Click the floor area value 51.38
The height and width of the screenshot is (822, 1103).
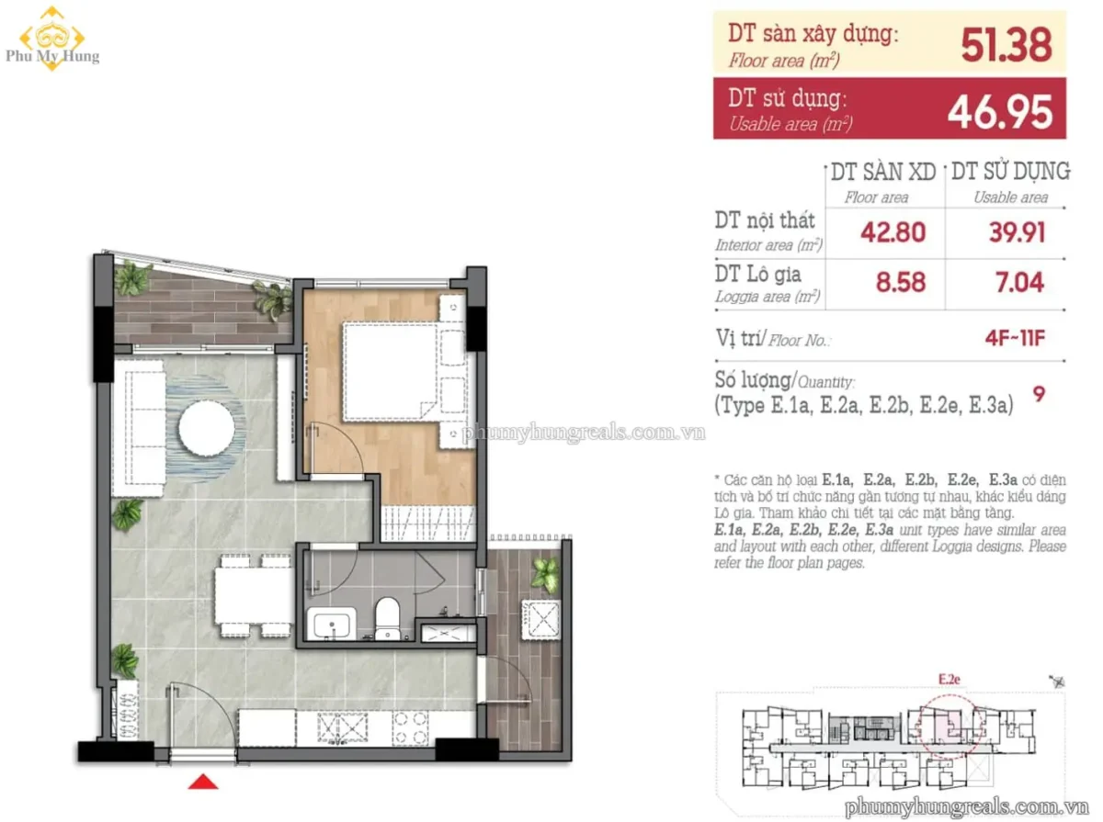[1006, 45]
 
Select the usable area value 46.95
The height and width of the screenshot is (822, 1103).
[999, 111]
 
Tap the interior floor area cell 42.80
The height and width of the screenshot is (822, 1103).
[893, 232]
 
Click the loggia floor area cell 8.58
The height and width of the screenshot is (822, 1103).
[901, 282]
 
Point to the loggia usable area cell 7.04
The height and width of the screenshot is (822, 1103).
[1019, 282]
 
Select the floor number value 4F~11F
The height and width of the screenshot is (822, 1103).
[1015, 338]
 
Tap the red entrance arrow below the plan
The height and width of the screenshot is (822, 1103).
[203, 782]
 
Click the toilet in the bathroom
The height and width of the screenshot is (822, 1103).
[388, 618]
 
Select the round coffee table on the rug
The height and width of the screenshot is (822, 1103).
[207, 428]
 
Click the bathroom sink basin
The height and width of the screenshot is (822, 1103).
[332, 625]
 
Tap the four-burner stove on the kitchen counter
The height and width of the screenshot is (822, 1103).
[410, 727]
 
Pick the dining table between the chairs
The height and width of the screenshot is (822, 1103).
[254, 595]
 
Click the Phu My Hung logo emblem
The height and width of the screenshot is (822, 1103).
[52, 39]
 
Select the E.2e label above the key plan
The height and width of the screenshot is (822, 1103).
[949, 679]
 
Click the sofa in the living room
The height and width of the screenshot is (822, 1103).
[139, 428]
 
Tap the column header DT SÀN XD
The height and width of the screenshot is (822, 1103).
[883, 172]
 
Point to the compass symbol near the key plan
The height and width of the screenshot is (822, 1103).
[1057, 681]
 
